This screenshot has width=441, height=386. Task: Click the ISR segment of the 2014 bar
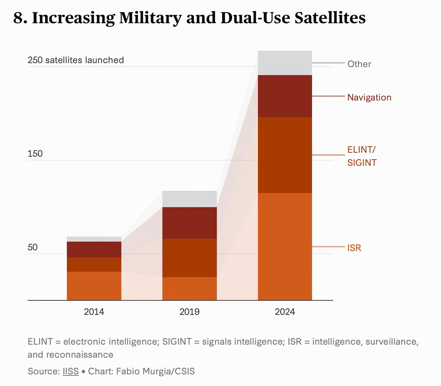pyautogui.click(x=94, y=286)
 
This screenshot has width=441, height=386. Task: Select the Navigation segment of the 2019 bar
pyautogui.click(x=189, y=223)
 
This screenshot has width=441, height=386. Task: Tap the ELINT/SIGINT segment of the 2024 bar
pyautogui.click(x=285, y=155)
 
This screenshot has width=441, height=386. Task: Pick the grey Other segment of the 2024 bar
pyautogui.click(x=285, y=63)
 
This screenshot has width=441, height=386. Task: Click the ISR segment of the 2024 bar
pyautogui.click(x=285, y=246)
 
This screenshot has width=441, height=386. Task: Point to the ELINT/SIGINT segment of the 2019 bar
pyautogui.click(x=189, y=258)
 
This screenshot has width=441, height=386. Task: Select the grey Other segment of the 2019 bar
pyautogui.click(x=189, y=199)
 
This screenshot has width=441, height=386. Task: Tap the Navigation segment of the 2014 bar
pyautogui.click(x=94, y=250)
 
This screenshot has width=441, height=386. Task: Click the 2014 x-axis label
pyautogui.click(x=94, y=312)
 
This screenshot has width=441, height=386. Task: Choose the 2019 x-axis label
pyautogui.click(x=189, y=312)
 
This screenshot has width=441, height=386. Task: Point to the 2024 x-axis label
pyautogui.click(x=285, y=312)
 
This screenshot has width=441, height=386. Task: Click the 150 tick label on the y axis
pyautogui.click(x=35, y=154)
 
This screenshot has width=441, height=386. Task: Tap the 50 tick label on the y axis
pyautogui.click(x=33, y=247)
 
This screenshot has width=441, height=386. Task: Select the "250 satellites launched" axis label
pyautogui.click(x=76, y=60)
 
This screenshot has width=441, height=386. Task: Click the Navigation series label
pyautogui.click(x=369, y=97)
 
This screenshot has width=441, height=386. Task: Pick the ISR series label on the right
pyautogui.click(x=354, y=248)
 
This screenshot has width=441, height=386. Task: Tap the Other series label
pyautogui.click(x=359, y=64)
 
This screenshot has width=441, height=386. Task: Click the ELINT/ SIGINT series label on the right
pyautogui.click(x=362, y=156)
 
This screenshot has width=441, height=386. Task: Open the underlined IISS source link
pyautogui.click(x=70, y=371)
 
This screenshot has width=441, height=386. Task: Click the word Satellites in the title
pyautogui.click(x=330, y=17)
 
